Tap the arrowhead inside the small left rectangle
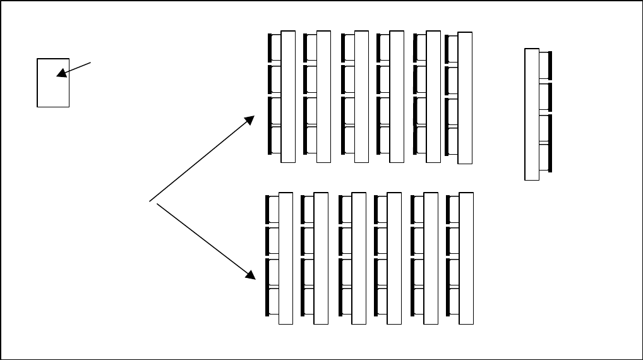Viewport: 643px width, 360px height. tap(61, 74)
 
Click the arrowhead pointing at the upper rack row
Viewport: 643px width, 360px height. tap(250, 119)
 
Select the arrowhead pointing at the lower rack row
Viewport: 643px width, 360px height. tap(250, 274)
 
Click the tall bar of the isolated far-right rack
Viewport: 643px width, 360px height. tap(532, 114)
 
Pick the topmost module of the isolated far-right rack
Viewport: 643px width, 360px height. tap(544, 66)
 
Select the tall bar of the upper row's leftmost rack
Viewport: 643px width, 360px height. tap(288, 97)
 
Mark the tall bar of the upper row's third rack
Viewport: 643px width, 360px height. tap(361, 97)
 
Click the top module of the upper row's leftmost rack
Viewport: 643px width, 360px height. tap(275, 48)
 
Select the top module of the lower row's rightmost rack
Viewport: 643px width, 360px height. tap(452, 209)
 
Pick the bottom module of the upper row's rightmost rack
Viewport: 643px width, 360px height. tap(452, 141)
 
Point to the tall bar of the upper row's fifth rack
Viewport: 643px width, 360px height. tap(433, 97)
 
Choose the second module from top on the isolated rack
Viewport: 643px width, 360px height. tap(544, 97)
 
